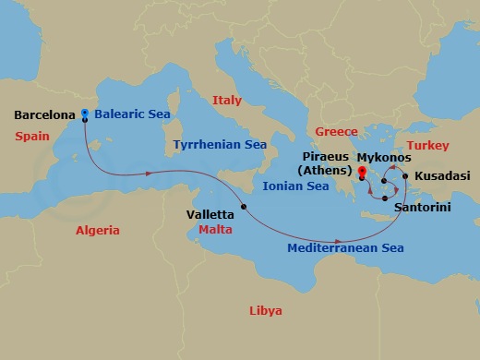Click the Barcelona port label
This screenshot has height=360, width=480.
(45, 115)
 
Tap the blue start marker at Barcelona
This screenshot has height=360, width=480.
(84, 114)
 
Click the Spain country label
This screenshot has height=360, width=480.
(32, 136)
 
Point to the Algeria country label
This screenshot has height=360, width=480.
(98, 230)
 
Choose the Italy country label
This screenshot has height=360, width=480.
(226, 100)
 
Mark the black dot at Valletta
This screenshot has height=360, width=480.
(244, 206)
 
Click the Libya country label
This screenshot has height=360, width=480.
(266, 310)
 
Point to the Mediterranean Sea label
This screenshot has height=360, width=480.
(345, 248)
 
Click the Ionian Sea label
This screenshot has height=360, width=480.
(296, 186)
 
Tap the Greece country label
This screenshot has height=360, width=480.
(336, 132)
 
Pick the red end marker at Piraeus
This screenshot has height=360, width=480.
(362, 172)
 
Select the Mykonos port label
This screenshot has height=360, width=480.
(383, 158)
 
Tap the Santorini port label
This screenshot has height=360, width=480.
(422, 208)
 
